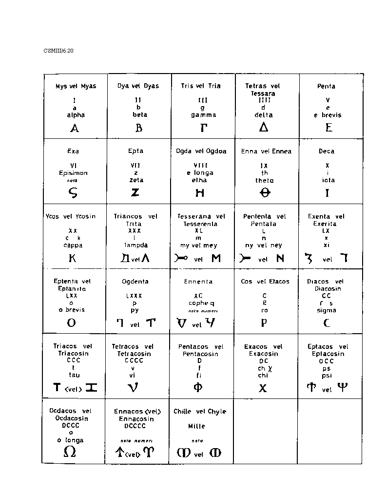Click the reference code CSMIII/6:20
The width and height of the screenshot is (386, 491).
58,50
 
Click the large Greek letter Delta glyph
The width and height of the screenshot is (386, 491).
264,127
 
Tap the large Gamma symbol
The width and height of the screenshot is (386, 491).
204,128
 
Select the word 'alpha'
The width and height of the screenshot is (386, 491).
76,115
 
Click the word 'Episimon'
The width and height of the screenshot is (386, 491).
73,173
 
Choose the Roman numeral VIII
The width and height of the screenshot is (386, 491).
200,166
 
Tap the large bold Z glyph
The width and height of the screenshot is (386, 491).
135,192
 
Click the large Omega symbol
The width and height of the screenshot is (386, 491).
70,452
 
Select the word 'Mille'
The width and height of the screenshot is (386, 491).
197,426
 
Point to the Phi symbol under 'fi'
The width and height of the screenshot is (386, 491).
198,388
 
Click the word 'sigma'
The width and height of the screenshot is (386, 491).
326,310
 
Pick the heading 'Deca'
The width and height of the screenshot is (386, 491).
326,151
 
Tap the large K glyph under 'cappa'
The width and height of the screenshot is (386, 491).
73,258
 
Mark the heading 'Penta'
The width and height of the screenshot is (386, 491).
326,86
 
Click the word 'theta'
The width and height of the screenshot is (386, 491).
264,180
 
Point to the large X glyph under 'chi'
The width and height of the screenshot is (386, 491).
263,388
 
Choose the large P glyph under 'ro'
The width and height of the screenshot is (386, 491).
264,322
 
